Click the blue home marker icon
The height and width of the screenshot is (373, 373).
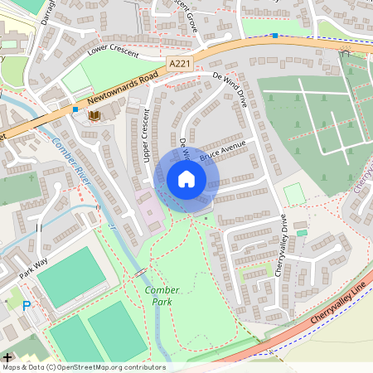tap(186, 179)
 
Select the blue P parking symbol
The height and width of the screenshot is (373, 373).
tap(27, 306)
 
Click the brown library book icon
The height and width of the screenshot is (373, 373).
tap(94, 114)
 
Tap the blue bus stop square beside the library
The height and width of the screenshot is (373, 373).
tap(75, 109)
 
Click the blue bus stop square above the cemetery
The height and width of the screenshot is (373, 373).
tap(274, 35)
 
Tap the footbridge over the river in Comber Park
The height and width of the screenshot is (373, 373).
tap(141, 272)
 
